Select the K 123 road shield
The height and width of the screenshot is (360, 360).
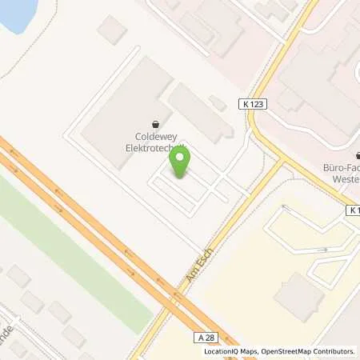(x=250, y=103)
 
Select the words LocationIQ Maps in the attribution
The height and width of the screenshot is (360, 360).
(x=228, y=351)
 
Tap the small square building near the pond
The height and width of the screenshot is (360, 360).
(x=112, y=30)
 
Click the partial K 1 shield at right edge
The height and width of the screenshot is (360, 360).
(x=353, y=210)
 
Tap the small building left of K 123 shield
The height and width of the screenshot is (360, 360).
(x=217, y=102)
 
